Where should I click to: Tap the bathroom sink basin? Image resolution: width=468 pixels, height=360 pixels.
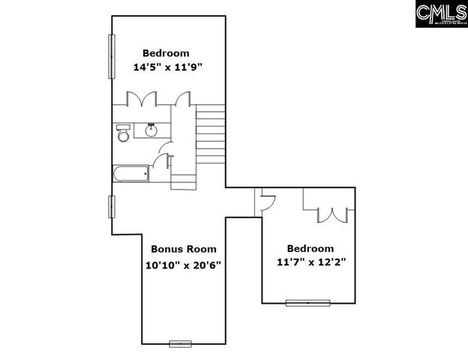(x=151, y=130)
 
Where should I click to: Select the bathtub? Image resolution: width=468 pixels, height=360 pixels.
(x=130, y=174)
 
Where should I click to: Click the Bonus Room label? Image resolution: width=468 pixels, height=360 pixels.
(x=184, y=249)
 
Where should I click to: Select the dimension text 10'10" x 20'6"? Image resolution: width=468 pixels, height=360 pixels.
(x=183, y=265)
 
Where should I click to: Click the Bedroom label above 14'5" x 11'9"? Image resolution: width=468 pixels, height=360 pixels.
(x=166, y=53)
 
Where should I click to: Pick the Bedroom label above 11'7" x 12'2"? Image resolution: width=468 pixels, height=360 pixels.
(x=310, y=248)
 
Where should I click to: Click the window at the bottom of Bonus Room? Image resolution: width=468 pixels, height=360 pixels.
(x=181, y=344)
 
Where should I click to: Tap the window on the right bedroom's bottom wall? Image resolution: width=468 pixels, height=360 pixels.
(x=308, y=303)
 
